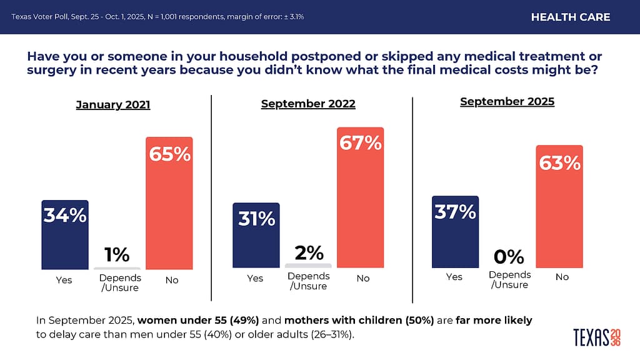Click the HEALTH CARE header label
tap(571, 17)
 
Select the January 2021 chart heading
tap(113, 105)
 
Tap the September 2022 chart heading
tap(308, 104)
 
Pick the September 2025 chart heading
tap(507, 101)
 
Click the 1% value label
tap(117, 254)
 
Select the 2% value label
tap(308, 252)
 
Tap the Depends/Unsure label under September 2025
tap(509, 279)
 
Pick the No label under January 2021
tap(171, 280)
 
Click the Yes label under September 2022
tap(255, 278)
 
